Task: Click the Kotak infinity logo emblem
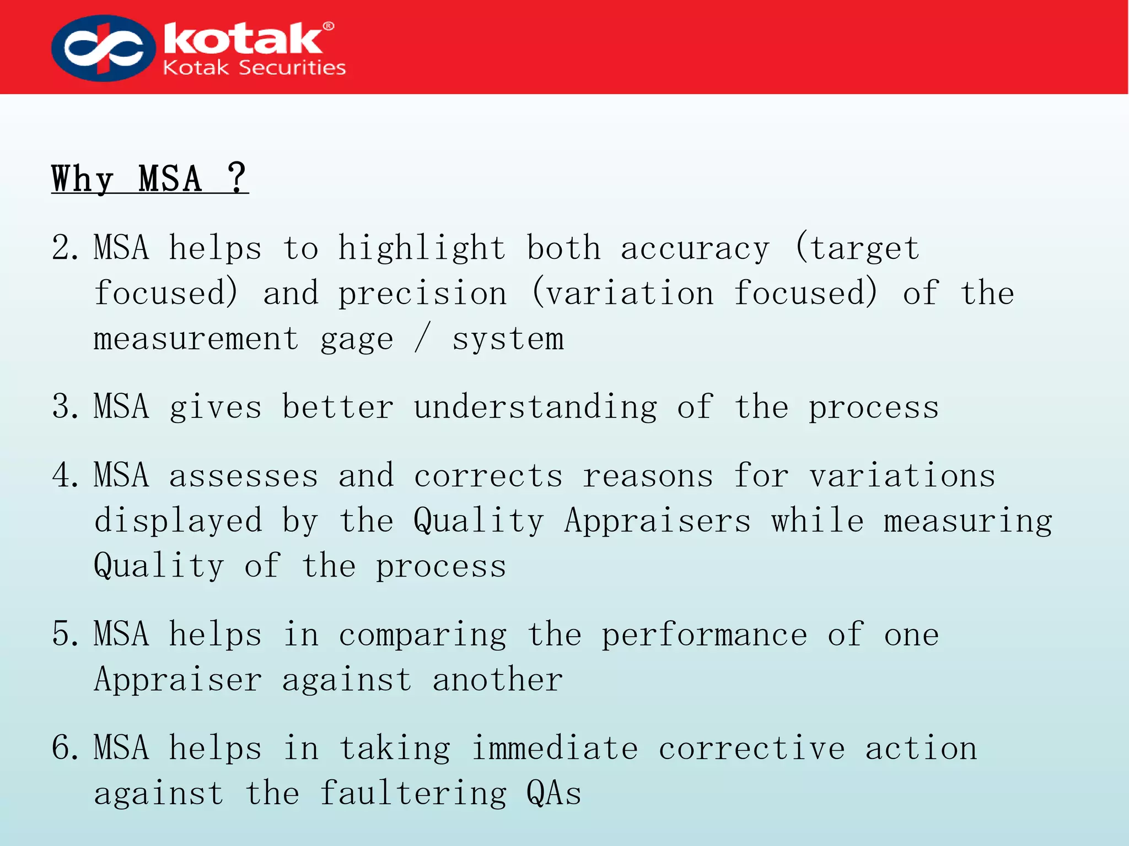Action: [x=103, y=48]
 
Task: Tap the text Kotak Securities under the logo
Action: [x=254, y=68]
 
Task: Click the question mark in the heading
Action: [x=237, y=177]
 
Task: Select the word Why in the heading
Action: [x=82, y=179]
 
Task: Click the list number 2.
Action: [x=65, y=247]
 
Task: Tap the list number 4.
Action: [x=65, y=475]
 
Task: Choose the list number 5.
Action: [x=65, y=634]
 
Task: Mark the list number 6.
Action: [x=65, y=748]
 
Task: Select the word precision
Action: [x=422, y=294]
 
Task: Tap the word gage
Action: [x=357, y=340]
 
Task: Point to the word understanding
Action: [x=535, y=408]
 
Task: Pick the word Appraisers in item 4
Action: [x=657, y=522]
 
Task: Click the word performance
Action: [x=704, y=635]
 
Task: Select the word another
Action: [x=497, y=680]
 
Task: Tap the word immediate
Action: [x=555, y=748]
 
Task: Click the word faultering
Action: [x=413, y=794]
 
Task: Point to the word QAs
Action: [x=553, y=793]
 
